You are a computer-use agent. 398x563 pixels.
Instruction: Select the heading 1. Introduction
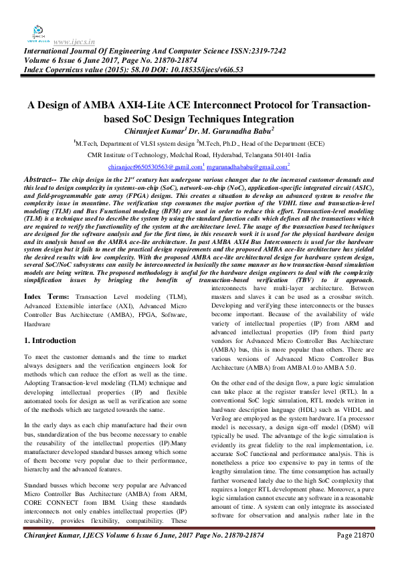pyautogui.click(x=50, y=340)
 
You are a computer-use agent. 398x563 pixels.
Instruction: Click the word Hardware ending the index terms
pyautogui.click(x=37, y=323)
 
